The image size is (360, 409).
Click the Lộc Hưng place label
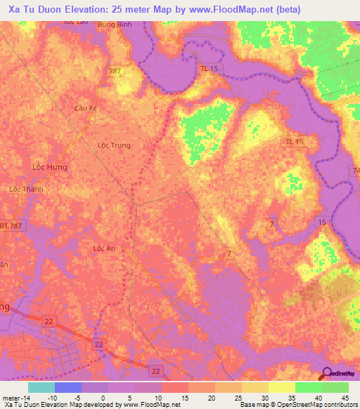click(49, 167)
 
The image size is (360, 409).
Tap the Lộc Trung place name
click(114, 145)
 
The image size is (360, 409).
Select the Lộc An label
click(103, 248)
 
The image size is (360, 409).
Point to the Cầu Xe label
click(85, 108)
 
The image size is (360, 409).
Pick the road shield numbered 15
click(321, 222)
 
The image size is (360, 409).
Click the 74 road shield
click(354, 171)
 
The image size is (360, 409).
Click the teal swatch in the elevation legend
click(41, 387)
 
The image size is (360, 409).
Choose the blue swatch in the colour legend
click(68, 387)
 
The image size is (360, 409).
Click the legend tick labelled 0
click(103, 398)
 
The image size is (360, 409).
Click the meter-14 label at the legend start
click(15, 398)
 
